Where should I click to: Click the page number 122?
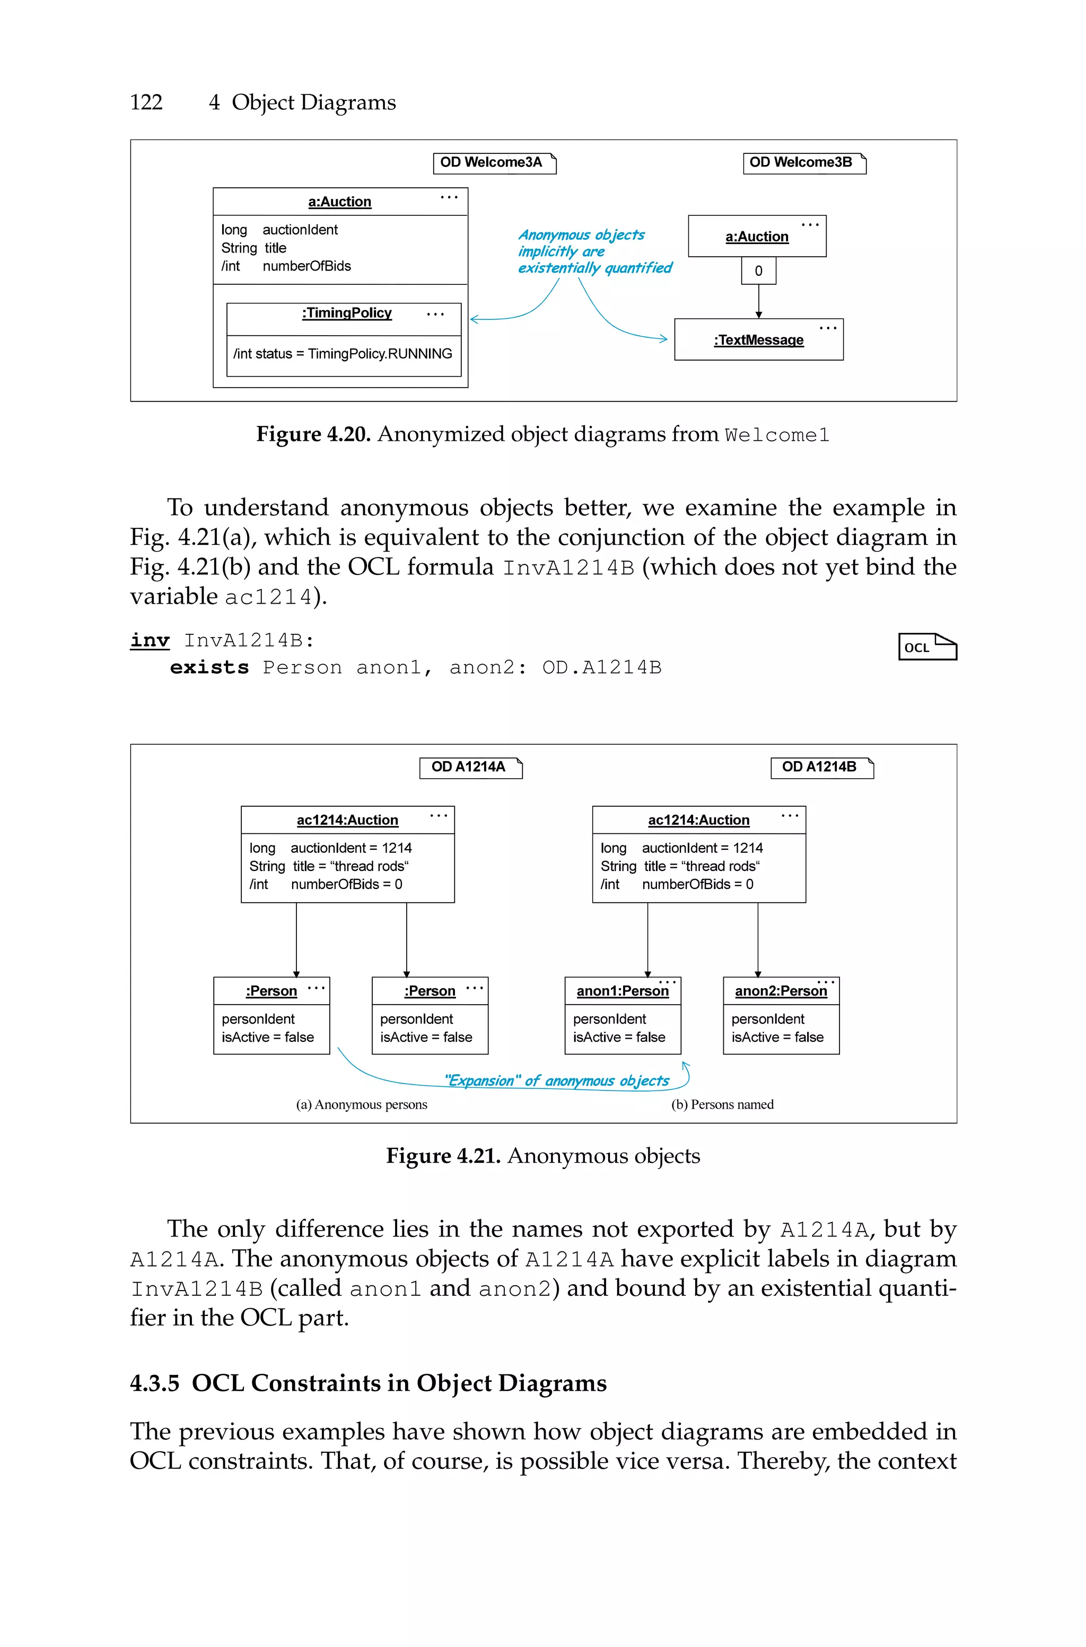pyautogui.click(x=146, y=102)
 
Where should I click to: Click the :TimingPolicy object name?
pyautogui.click(x=346, y=313)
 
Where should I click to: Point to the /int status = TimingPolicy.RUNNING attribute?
pyautogui.click(x=343, y=354)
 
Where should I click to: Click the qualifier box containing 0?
pyautogui.click(x=758, y=271)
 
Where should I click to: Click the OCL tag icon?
pyautogui.click(x=927, y=647)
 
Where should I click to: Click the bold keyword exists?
pyautogui.click(x=209, y=668)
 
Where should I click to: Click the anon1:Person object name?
pyautogui.click(x=622, y=991)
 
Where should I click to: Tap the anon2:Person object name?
pyautogui.click(x=781, y=991)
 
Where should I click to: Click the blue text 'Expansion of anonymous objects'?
pyautogui.click(x=557, y=1080)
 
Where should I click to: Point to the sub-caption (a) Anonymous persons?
pyautogui.click(x=362, y=1105)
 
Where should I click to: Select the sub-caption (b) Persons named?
pyautogui.click(x=722, y=1105)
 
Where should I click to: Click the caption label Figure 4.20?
pyautogui.click(x=313, y=434)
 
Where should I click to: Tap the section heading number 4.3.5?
pyautogui.click(x=154, y=1383)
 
